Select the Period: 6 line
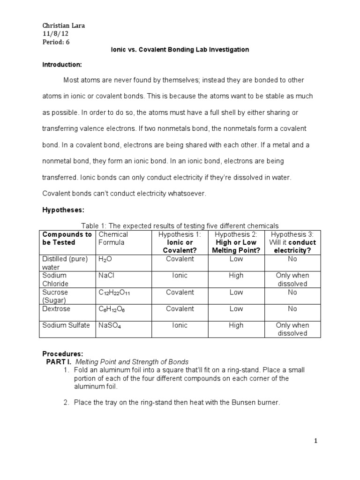(56, 41)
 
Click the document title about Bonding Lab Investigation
(180, 50)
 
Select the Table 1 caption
(180, 226)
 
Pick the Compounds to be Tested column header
(67, 238)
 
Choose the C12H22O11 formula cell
(115, 292)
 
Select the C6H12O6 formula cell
(113, 309)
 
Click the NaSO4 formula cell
(110, 325)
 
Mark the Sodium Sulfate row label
(66, 325)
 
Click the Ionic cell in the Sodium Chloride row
(180, 276)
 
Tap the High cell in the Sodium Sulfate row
(236, 325)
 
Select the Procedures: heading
(62, 353)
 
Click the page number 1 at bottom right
(316, 441)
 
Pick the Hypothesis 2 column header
(236, 242)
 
